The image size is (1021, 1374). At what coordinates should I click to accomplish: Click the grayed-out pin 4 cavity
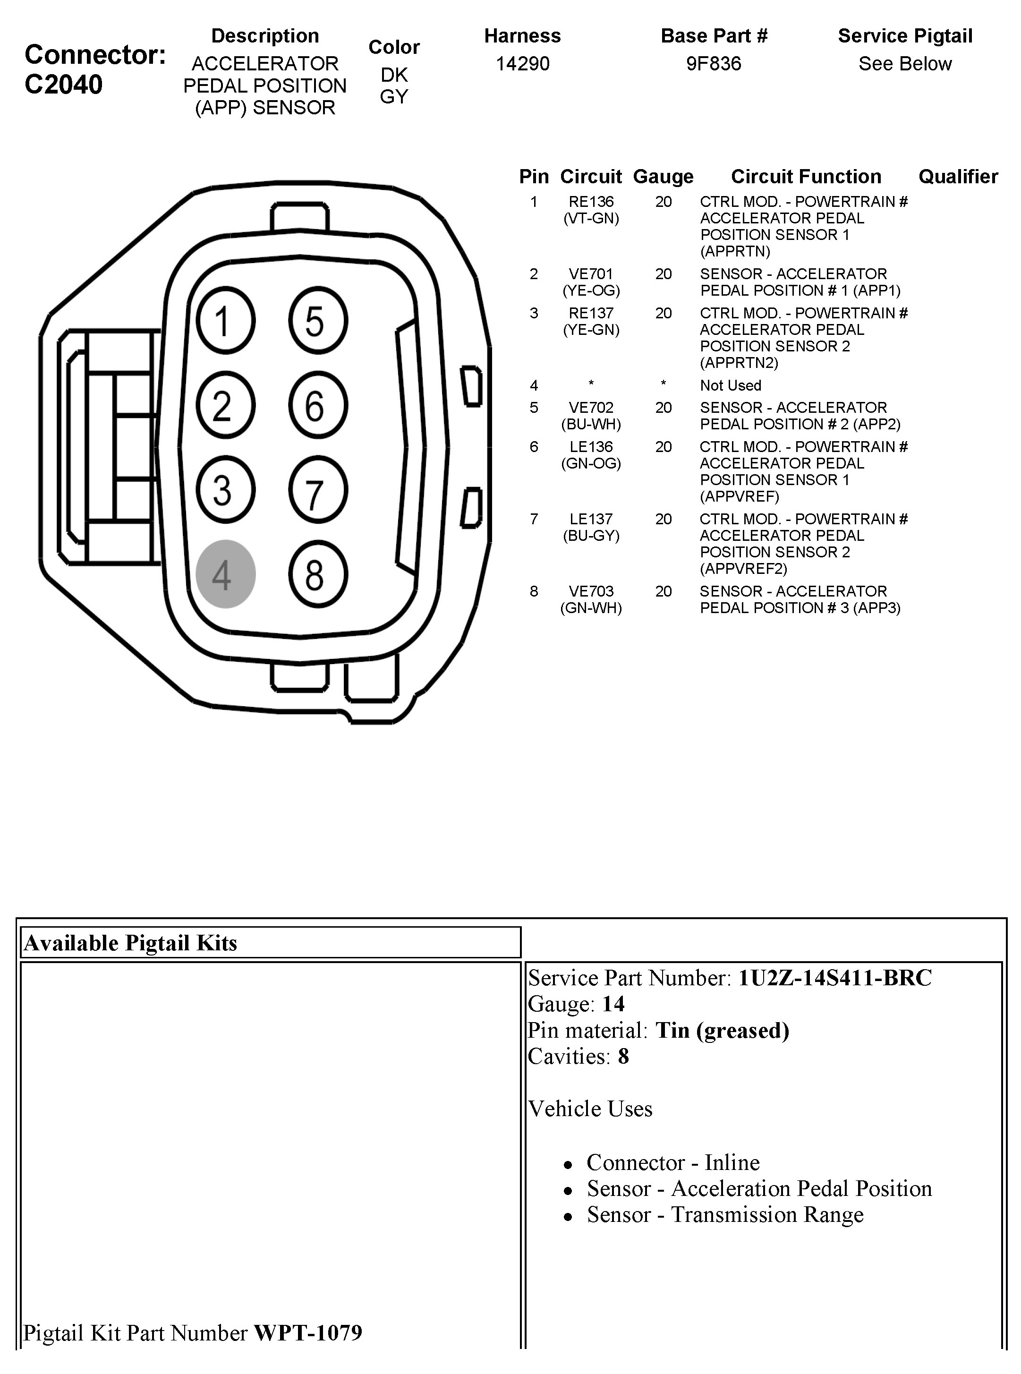click(x=226, y=573)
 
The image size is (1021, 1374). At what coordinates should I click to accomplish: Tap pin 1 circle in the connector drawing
click(x=226, y=320)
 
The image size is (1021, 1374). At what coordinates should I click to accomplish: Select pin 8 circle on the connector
click(x=318, y=573)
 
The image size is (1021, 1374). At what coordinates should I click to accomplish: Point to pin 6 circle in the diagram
click(x=318, y=405)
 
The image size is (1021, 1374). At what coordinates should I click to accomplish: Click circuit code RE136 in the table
click(x=591, y=202)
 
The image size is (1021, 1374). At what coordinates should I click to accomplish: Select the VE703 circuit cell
click(x=591, y=591)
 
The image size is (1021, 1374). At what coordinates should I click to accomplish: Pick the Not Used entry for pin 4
click(x=730, y=386)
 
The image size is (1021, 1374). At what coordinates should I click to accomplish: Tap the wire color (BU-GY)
click(x=591, y=536)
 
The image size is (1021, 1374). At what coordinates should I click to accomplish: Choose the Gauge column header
click(x=663, y=177)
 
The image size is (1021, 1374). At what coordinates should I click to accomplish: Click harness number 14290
click(x=522, y=64)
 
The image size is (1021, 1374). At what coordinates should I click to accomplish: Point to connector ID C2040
click(x=64, y=85)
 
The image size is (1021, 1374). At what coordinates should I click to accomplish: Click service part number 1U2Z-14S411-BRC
click(x=835, y=977)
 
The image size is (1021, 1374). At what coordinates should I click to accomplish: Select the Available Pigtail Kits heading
click(x=130, y=943)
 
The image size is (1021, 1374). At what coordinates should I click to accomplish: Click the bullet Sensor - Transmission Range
click(x=725, y=1214)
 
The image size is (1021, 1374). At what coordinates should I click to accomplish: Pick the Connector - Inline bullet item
click(x=673, y=1162)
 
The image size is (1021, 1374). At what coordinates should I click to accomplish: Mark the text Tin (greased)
click(x=722, y=1030)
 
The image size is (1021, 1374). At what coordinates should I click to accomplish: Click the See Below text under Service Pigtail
click(x=905, y=64)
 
